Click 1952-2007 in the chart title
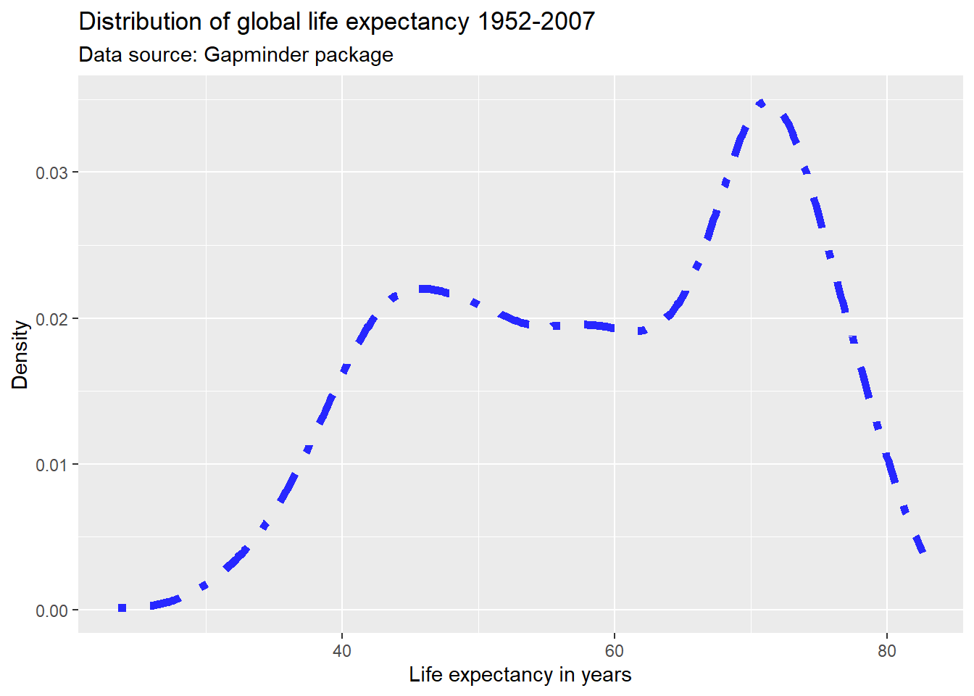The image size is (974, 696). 536,22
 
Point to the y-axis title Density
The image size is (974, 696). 20,355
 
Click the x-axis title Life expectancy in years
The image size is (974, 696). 520,675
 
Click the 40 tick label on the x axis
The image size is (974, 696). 342,651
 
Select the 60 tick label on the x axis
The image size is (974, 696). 614,651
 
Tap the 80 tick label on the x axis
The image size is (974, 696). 886,651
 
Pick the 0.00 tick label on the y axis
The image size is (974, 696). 51,610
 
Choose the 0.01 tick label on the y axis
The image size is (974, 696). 51,465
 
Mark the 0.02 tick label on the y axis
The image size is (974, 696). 51,319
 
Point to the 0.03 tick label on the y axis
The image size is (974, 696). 51,173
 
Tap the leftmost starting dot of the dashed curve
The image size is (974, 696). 122,608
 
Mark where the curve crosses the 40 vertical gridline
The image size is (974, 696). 343,374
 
